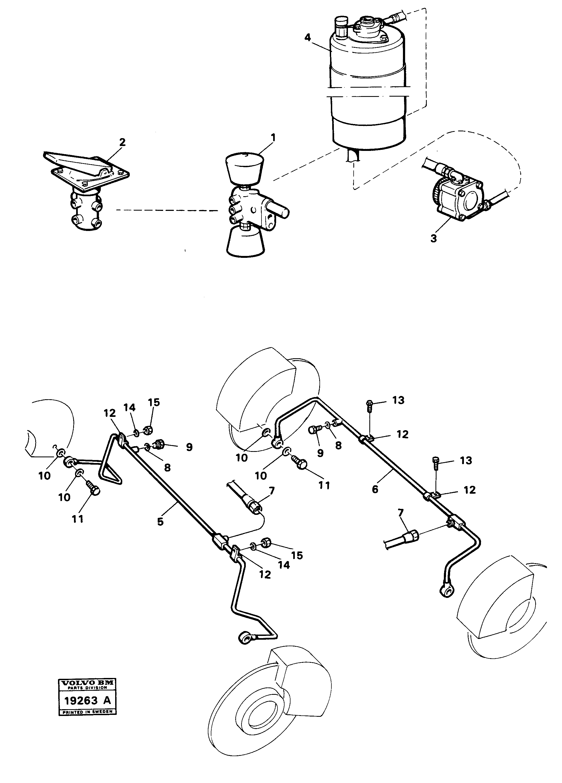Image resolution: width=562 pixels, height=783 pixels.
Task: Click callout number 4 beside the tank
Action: [308, 37]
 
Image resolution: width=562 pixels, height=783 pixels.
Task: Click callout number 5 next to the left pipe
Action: [160, 522]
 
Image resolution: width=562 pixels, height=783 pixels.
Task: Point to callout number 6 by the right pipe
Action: [375, 489]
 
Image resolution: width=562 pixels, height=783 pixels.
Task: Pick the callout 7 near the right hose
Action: [400, 513]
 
